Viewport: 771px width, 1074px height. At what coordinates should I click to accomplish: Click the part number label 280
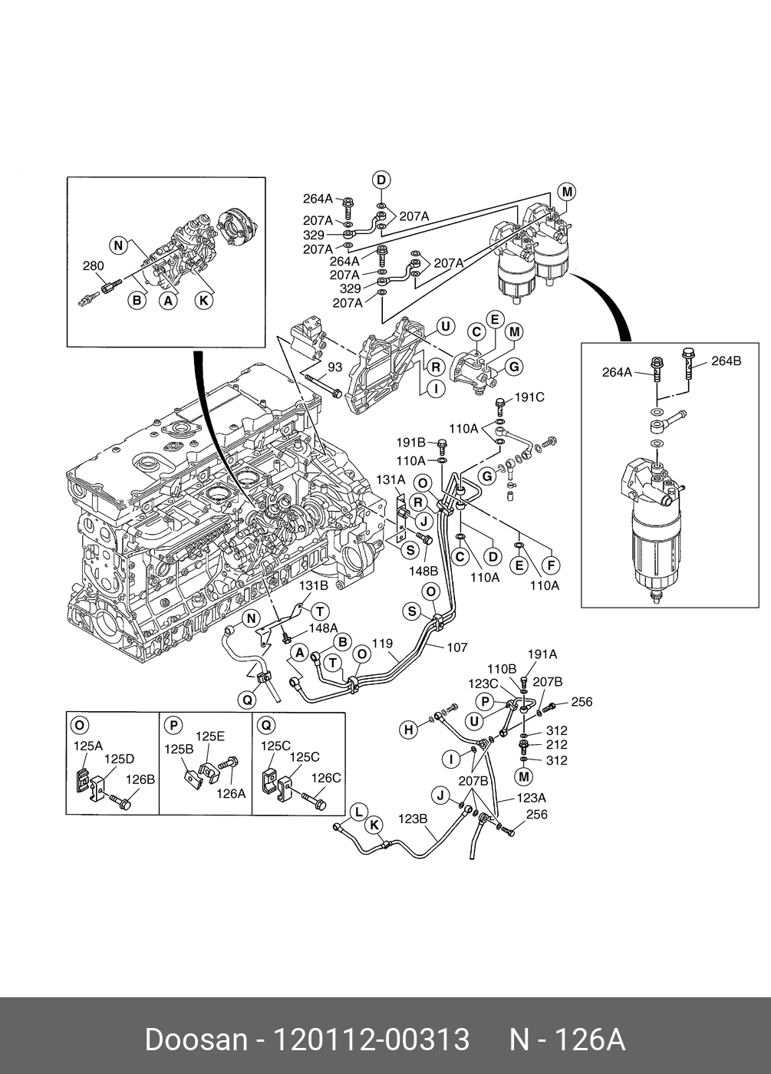point(94,265)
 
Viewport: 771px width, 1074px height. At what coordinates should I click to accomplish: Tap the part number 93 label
point(334,367)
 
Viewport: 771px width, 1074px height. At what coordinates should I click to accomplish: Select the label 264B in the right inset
point(726,361)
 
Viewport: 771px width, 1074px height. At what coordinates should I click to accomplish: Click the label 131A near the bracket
point(390,479)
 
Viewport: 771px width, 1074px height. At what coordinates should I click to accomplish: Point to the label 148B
point(423,571)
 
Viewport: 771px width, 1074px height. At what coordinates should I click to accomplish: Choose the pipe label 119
point(382,644)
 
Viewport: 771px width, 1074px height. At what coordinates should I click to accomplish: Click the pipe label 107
point(457,647)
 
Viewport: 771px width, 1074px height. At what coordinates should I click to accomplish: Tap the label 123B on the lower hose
point(413,819)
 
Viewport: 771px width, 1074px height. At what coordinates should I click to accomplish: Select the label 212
point(557,745)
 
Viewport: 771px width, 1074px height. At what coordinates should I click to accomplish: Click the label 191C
point(529,397)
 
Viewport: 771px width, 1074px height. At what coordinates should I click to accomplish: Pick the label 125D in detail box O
point(120,759)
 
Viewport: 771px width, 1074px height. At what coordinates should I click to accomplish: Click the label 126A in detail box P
point(231,794)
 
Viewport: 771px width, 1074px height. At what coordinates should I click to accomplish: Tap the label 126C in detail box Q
point(326,778)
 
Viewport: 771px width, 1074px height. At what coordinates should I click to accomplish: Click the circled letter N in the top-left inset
point(118,246)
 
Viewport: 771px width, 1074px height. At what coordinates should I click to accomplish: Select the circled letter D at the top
point(381,180)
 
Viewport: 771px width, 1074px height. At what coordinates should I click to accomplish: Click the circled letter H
point(408,730)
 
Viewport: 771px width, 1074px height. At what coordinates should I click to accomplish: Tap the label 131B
point(314,585)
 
